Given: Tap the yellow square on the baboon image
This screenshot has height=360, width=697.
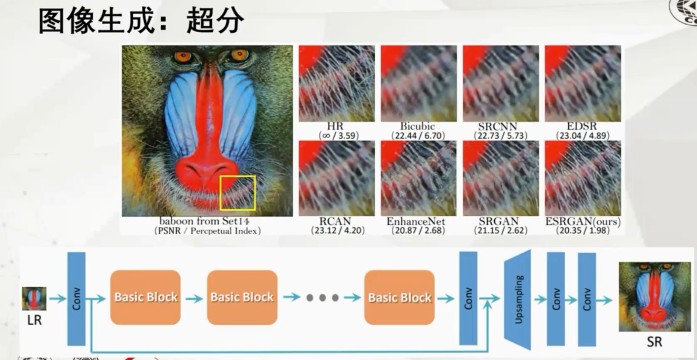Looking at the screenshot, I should (x=237, y=193).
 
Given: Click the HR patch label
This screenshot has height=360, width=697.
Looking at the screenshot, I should (x=336, y=126).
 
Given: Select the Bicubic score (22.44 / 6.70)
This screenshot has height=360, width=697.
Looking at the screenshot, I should (x=418, y=135).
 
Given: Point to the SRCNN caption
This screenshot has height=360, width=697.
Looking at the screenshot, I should (x=500, y=126).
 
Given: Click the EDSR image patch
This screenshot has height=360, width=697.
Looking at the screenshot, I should (x=582, y=83).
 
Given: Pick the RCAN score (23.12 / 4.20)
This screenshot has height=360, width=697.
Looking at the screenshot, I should (x=338, y=231).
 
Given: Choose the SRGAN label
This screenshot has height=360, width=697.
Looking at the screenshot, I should (x=498, y=222).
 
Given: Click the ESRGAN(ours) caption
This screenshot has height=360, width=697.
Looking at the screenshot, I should (x=583, y=222).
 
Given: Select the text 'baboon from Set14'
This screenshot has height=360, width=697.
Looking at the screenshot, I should (x=204, y=221).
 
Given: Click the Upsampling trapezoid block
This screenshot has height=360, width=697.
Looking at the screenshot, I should (x=518, y=299).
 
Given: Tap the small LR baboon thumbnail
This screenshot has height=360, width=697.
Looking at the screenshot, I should (x=34, y=298).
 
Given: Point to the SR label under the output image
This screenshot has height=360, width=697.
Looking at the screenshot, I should (x=654, y=342).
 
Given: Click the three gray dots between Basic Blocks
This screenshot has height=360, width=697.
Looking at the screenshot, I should (x=322, y=298).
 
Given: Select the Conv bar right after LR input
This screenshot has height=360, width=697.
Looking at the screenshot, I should (x=76, y=299).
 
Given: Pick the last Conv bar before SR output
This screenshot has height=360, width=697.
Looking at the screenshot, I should (x=587, y=299).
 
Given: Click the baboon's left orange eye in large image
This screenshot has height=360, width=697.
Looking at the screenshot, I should (x=183, y=57).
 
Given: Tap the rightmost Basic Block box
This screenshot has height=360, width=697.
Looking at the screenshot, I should (x=399, y=298).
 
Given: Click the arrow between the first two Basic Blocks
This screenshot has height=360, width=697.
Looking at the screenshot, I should (x=194, y=298).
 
